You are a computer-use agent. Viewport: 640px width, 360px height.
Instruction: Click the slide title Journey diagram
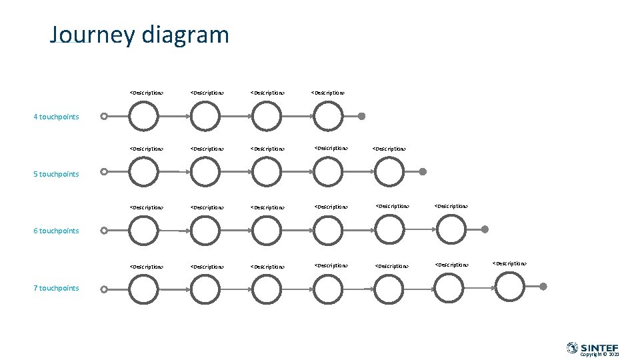[x=139, y=35]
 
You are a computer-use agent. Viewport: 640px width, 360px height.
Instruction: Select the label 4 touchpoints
[x=56, y=117]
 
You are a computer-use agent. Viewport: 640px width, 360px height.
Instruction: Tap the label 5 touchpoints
[x=56, y=175]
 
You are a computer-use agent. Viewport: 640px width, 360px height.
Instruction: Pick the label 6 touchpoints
[x=56, y=231]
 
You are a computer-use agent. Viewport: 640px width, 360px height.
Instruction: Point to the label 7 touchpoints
[x=56, y=289]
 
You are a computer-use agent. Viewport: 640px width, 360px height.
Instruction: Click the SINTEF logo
[x=593, y=347]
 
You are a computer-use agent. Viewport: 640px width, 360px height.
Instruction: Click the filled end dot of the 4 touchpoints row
[x=361, y=116]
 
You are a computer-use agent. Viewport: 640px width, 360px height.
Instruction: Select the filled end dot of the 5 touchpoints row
[x=423, y=171]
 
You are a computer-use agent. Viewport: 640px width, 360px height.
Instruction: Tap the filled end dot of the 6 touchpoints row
[x=485, y=229]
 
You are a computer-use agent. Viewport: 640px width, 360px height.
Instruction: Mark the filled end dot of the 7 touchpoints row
[x=543, y=287]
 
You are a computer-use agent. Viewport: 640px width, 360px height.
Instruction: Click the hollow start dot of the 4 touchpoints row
[x=104, y=116]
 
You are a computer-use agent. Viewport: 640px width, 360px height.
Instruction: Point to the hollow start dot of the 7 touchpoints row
[x=104, y=289]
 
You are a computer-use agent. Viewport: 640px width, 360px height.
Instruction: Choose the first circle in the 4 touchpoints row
[x=144, y=116]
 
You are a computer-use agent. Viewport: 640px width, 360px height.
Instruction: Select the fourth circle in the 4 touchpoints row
[x=328, y=116]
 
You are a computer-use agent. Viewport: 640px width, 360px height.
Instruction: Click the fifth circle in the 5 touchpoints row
[x=389, y=172]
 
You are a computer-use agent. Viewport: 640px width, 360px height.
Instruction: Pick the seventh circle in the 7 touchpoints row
[x=511, y=288]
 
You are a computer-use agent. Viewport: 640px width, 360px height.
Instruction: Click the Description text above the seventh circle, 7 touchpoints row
[x=509, y=264]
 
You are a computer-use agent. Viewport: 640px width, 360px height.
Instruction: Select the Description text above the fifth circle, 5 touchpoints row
[x=389, y=149]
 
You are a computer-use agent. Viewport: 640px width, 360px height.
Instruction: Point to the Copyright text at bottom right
[x=599, y=355]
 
